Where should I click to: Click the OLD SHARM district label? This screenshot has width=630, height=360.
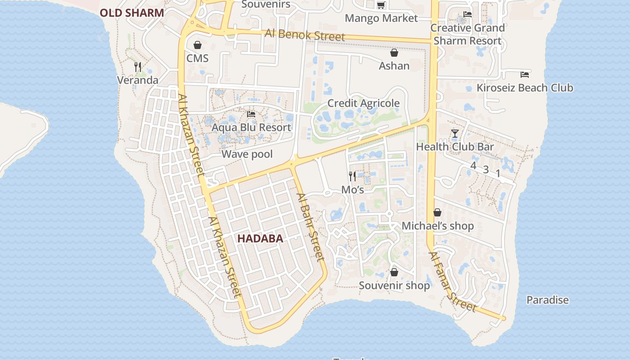132,13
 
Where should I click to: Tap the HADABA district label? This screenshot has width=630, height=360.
260,239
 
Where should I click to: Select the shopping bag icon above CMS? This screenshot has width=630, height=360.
197,45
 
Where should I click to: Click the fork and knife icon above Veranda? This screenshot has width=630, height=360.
138,67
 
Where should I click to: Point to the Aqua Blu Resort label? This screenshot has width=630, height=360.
251,127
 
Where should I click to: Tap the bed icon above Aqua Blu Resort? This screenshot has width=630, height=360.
251,114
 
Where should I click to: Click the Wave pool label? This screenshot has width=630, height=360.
247,154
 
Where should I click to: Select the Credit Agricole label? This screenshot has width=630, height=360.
363,103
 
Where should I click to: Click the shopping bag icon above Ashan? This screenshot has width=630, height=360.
394,53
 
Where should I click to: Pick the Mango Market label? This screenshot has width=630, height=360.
381,18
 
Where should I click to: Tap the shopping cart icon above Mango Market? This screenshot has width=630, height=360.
381,5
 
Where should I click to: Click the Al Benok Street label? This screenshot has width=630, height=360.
305,34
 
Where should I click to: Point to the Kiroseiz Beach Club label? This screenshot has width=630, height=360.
525,88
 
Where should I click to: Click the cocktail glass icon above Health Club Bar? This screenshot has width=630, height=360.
455,134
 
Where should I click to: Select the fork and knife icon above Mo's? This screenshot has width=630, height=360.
352,176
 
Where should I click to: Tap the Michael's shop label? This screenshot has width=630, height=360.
437,226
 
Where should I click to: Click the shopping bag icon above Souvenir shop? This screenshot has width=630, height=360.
394,272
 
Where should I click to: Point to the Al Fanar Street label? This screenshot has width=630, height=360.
452,282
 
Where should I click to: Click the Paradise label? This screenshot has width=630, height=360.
548,300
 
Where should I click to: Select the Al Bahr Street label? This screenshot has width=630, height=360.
310,227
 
